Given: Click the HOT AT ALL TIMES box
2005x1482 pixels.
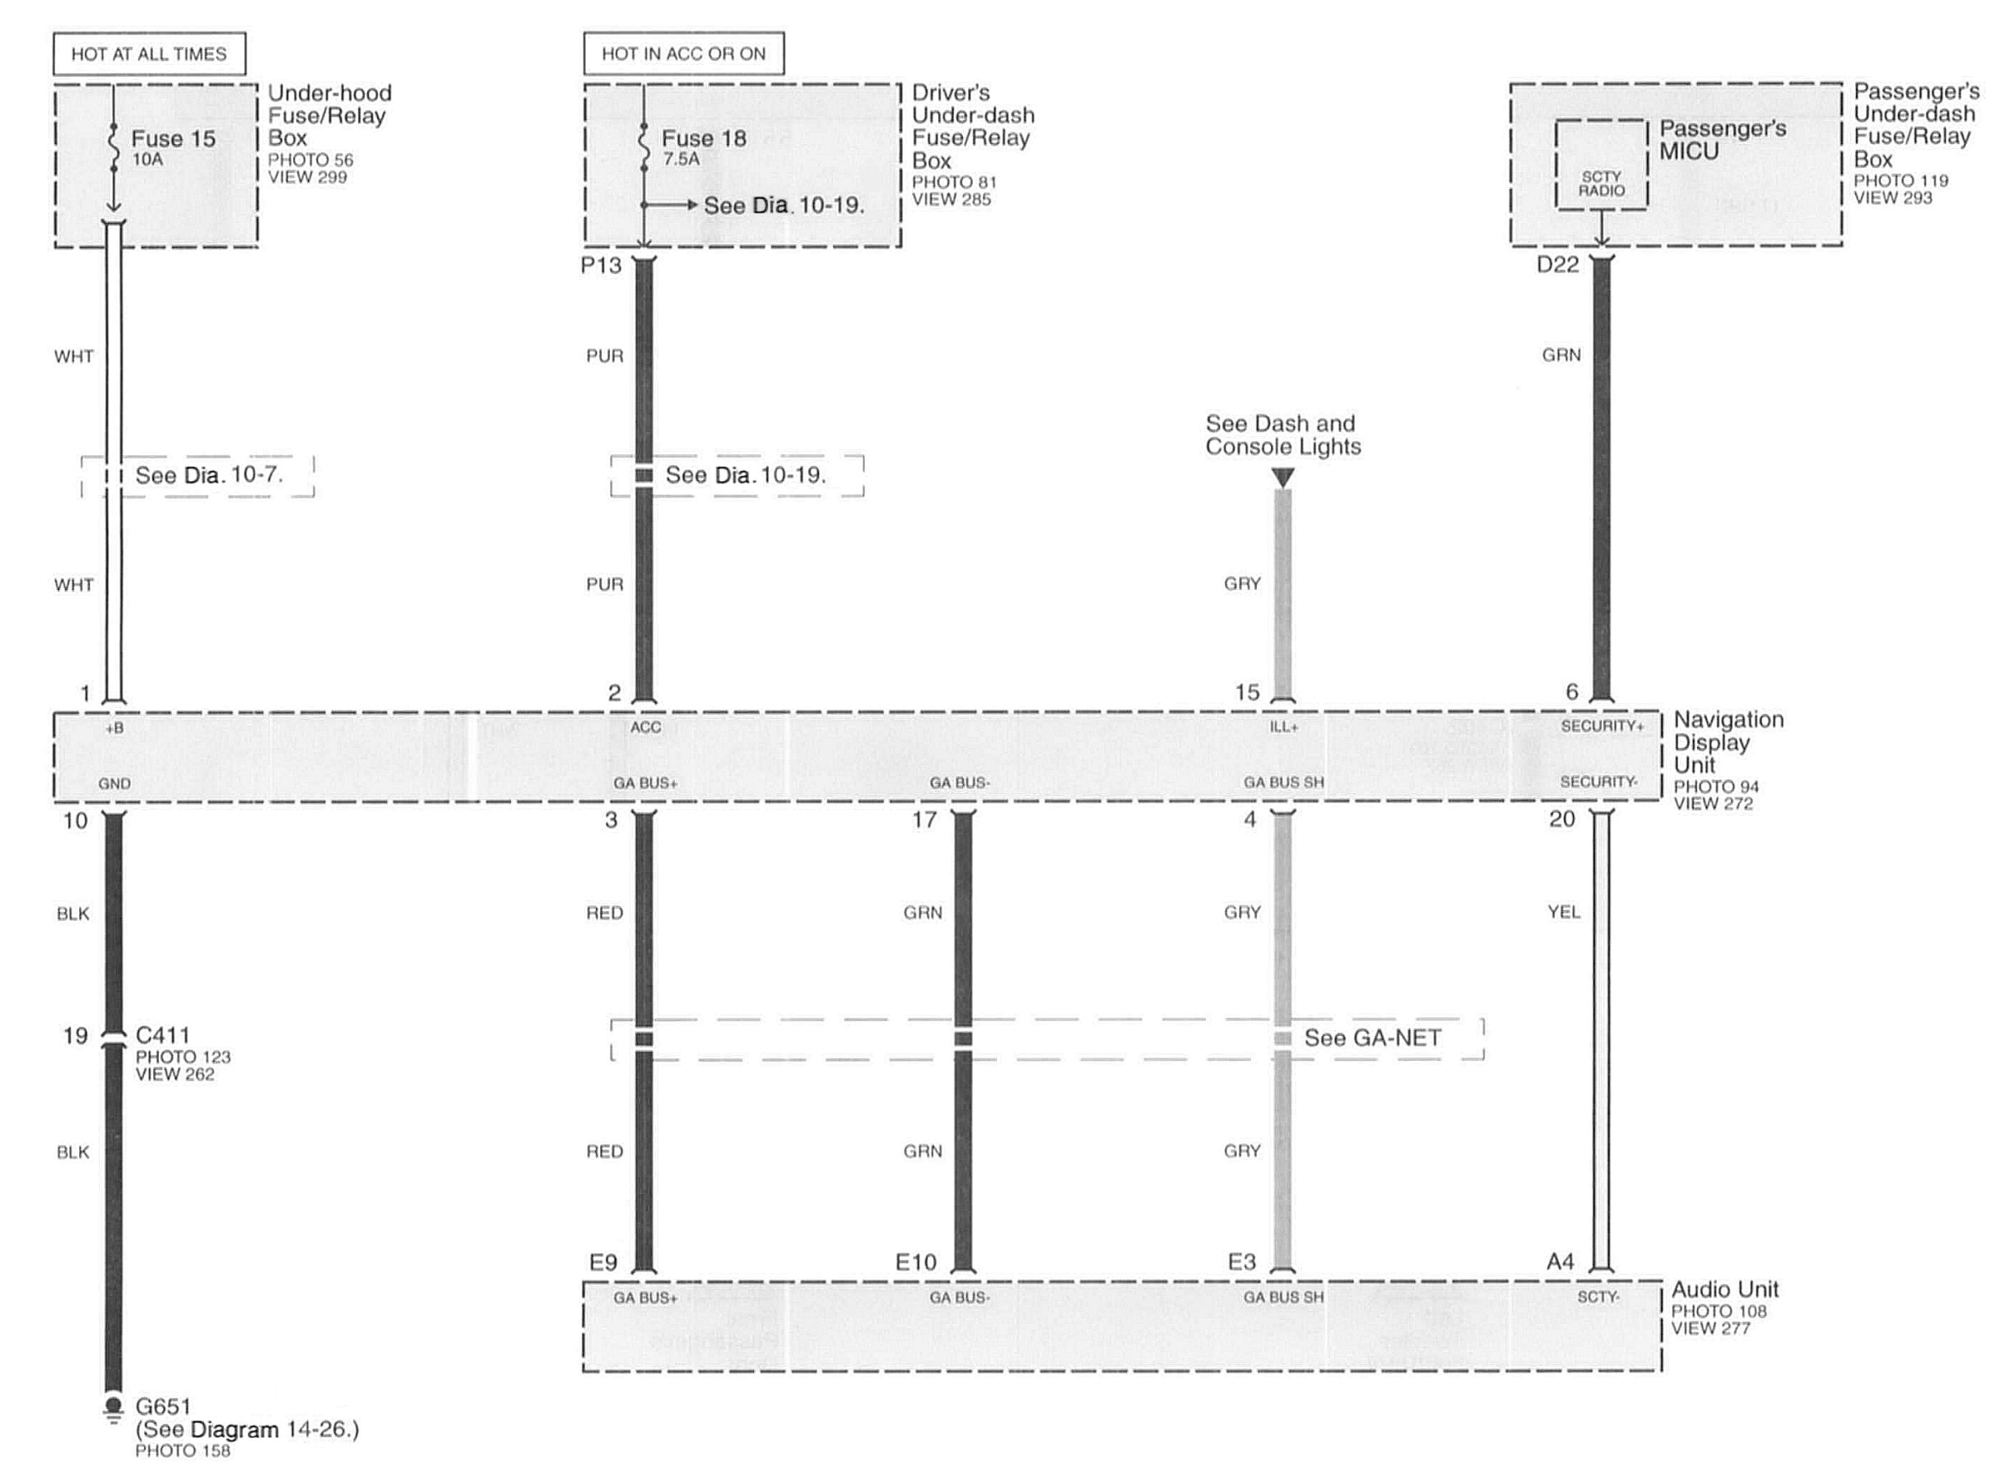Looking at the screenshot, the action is point(149,53).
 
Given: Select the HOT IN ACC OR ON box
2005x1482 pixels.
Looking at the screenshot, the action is point(684,53).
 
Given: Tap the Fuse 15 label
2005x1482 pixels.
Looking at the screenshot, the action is point(173,138).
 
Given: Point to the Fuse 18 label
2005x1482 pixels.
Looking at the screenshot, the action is point(705,138).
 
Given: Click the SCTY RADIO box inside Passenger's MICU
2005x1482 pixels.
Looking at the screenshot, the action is point(1602,165).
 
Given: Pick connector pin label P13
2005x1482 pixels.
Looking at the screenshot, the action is point(601,266).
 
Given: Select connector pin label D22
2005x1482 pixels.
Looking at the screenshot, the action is point(1557,265).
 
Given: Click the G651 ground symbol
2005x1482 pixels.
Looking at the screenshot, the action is point(113,1410).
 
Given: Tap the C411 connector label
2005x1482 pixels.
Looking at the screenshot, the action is point(162,1035).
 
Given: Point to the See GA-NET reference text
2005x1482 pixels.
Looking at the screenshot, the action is point(1373,1038).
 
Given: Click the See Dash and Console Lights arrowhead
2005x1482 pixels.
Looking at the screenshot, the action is point(1284,478).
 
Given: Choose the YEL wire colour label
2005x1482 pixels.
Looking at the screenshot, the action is point(1564,913).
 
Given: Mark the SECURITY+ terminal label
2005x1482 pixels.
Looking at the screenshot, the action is point(1603,726).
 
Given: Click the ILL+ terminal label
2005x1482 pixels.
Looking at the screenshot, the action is point(1284,727).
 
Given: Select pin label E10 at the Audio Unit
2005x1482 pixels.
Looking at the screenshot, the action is point(916,1263).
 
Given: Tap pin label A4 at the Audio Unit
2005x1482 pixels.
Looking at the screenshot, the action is point(1560,1262).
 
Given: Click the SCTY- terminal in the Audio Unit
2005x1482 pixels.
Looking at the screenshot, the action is point(1598,1297).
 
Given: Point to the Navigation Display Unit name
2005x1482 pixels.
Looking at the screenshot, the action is point(1728,742).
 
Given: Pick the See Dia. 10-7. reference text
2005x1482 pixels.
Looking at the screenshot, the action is point(209,476).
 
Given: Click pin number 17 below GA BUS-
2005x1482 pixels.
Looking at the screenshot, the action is point(924,820).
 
